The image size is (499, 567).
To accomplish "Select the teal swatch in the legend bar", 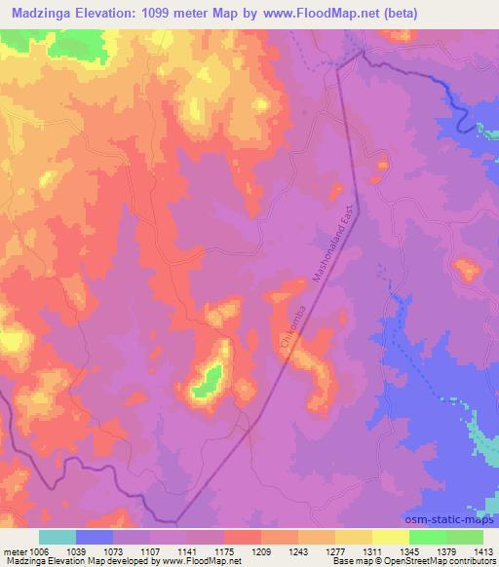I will pyautogui.click(x=58, y=537).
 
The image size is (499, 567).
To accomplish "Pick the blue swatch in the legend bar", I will pyautogui.click(x=95, y=537).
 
